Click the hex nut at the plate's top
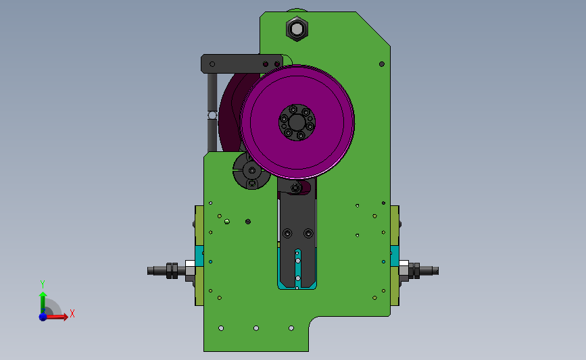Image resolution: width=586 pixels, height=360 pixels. coord(297,28)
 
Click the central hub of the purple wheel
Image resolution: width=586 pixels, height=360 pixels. coord(297,122)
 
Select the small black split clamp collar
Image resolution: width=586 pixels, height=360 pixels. coord(251,171)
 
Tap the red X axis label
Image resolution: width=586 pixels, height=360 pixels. coord(72,313)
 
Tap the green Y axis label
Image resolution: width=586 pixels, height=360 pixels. coord(43,284)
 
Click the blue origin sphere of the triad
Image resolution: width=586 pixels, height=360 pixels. coord(43,317)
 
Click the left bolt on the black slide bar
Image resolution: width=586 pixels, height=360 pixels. coord(287,234)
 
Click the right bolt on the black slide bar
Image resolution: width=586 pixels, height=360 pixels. coord(308,234)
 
